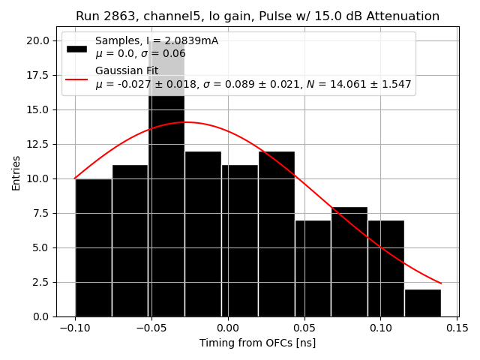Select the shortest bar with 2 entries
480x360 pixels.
point(422,303)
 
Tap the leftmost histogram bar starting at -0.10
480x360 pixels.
point(93,247)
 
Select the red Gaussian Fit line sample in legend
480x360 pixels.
point(76,78)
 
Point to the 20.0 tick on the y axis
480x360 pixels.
point(39,40)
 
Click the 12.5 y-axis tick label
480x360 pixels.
point(39,144)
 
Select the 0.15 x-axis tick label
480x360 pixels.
point(457,328)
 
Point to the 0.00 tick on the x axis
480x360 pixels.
point(227,328)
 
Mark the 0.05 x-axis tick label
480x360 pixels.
point(304,328)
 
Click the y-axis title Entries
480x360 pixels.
point(16,172)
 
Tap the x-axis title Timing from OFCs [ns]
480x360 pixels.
point(257,343)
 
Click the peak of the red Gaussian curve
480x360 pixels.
point(186,122)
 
